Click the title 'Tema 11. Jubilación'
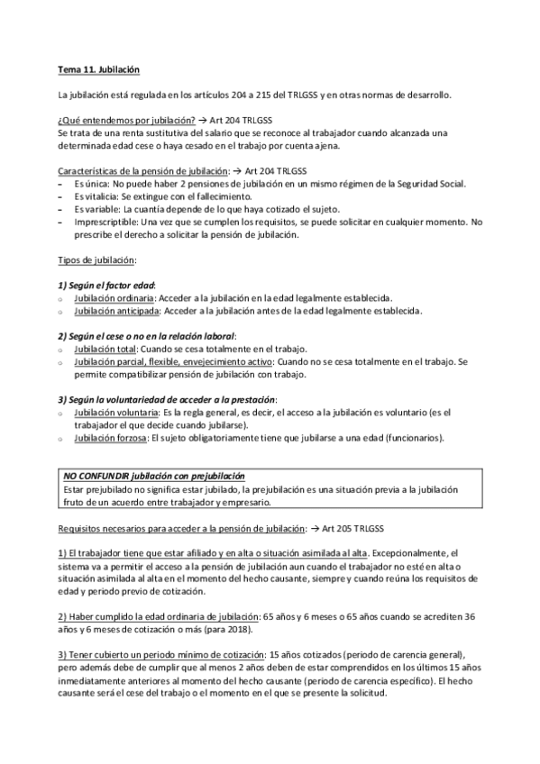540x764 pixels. coord(98,69)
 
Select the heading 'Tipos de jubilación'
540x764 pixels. coord(96,259)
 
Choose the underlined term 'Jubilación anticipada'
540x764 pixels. coord(117,311)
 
